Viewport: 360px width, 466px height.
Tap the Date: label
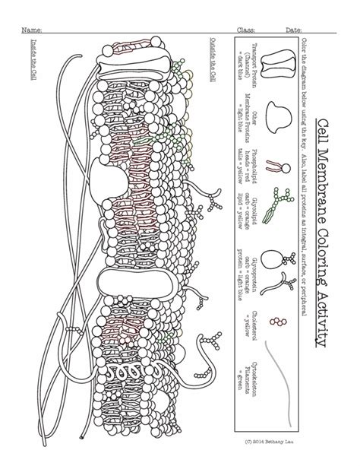click(293, 30)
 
